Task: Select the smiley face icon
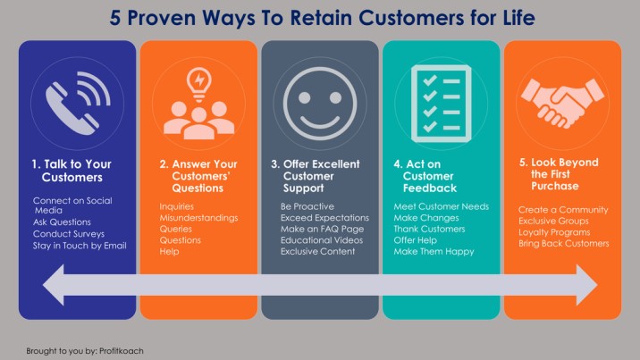pos(320,104)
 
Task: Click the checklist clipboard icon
pos(441,104)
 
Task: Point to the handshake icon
pos(562,103)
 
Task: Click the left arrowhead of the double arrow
pos(54,285)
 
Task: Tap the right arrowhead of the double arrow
pos(587,285)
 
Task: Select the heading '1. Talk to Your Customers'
pos(72,171)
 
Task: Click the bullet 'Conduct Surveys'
pos(69,234)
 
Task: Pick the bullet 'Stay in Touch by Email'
pos(80,246)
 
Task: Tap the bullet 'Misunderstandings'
pos(198,218)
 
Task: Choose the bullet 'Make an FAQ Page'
pos(322,229)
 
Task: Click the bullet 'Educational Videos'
pos(322,240)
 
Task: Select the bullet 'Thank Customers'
pos(429,229)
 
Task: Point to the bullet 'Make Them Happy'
pos(434,252)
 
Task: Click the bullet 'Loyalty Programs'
pos(554,232)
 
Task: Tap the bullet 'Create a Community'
pos(563,210)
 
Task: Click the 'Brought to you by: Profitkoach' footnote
pos(85,351)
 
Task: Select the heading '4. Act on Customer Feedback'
pos(425,176)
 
